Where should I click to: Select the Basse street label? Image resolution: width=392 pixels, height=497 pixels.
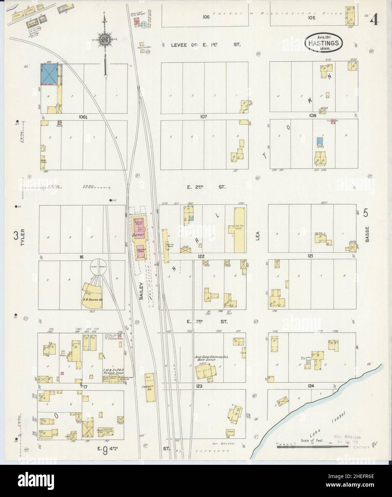367,236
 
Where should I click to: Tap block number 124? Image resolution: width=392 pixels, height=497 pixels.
310,386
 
